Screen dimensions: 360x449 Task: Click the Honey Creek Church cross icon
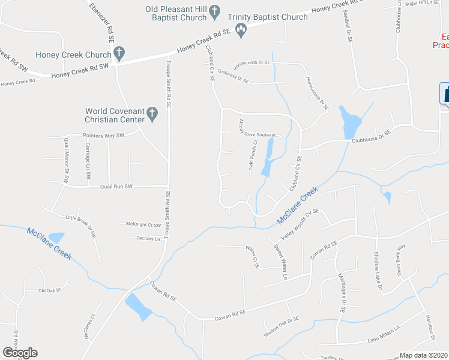tap(119, 55)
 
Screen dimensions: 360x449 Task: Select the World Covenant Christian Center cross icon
tap(152, 113)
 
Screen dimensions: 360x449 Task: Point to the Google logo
tap(20, 353)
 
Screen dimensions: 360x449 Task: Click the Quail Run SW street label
tap(115, 187)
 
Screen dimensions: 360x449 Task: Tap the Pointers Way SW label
tap(103, 136)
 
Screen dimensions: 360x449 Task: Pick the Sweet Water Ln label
tap(281, 261)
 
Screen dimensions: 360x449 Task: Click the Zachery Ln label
tap(149, 238)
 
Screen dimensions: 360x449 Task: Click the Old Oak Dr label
tap(50, 291)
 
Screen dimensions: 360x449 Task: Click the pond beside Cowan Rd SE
tap(138, 307)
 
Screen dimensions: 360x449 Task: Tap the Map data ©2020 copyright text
tap(424, 355)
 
